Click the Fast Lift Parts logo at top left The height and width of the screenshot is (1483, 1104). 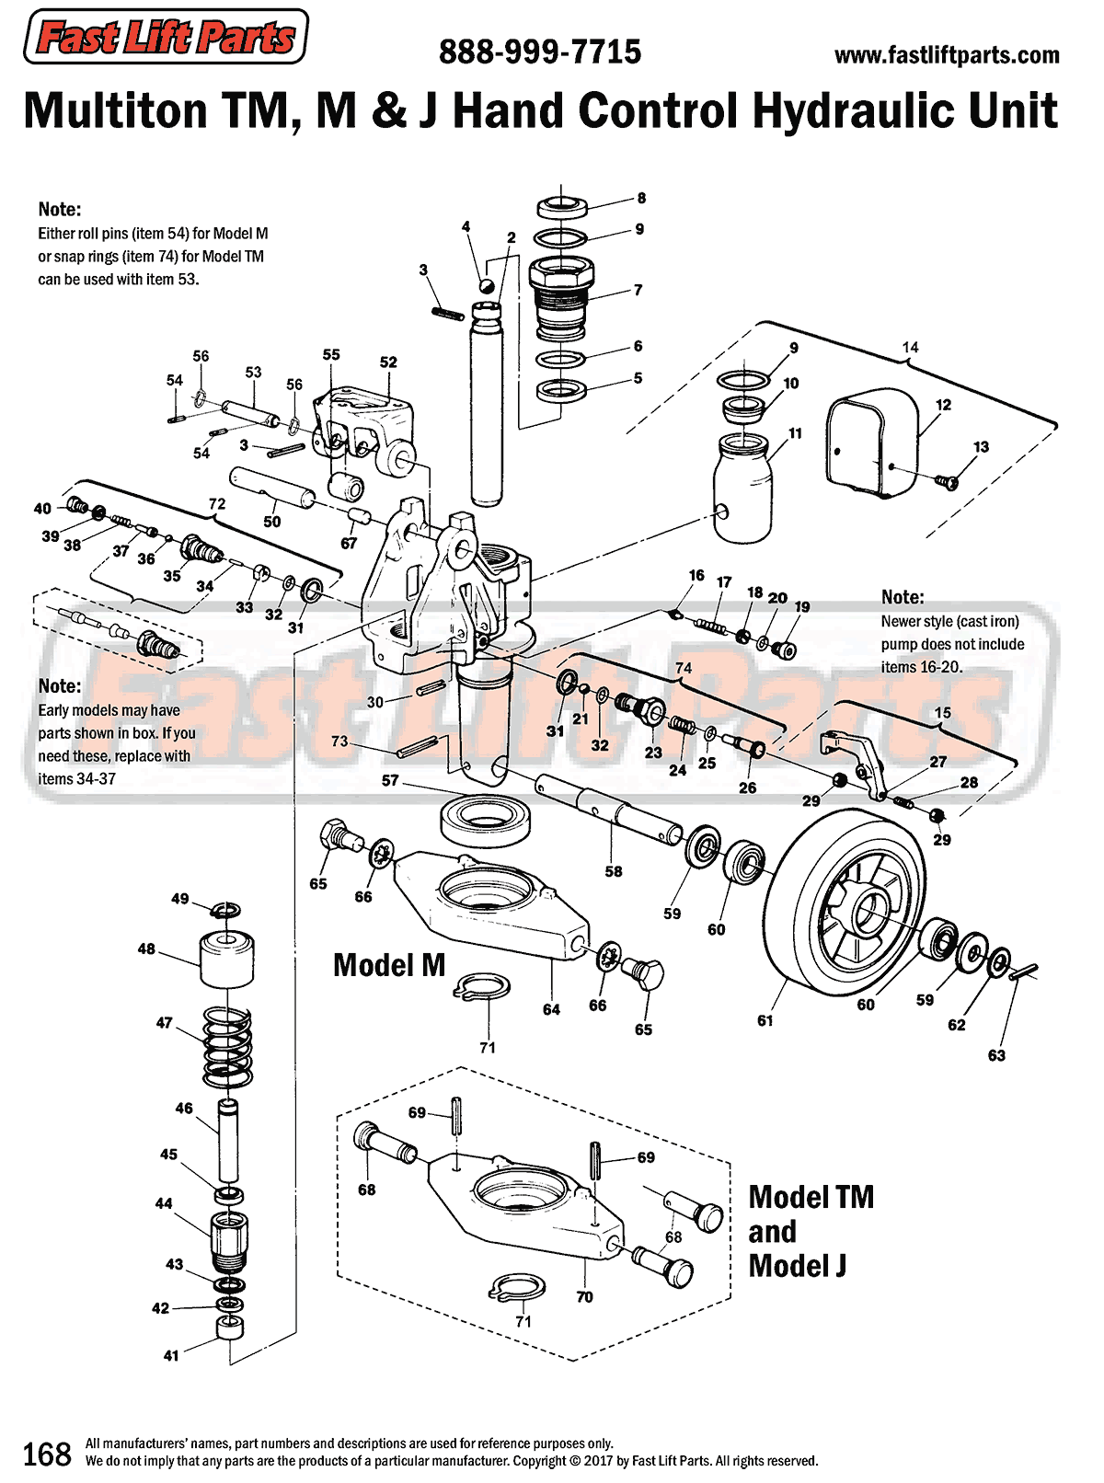click(x=166, y=37)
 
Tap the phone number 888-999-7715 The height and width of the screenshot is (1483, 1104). click(x=540, y=52)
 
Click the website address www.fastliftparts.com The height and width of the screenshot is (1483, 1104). click(x=947, y=55)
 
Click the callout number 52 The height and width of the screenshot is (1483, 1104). click(x=388, y=362)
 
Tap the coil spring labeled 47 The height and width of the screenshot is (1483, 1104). click(x=226, y=1047)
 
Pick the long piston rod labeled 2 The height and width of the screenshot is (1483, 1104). click(x=486, y=405)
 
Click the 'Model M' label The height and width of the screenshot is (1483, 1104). click(x=389, y=965)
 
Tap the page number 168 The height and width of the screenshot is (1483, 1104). click(x=46, y=1454)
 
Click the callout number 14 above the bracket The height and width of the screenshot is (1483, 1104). click(x=910, y=347)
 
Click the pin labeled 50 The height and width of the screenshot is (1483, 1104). click(x=272, y=488)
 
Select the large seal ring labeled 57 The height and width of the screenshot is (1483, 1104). click(x=486, y=821)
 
